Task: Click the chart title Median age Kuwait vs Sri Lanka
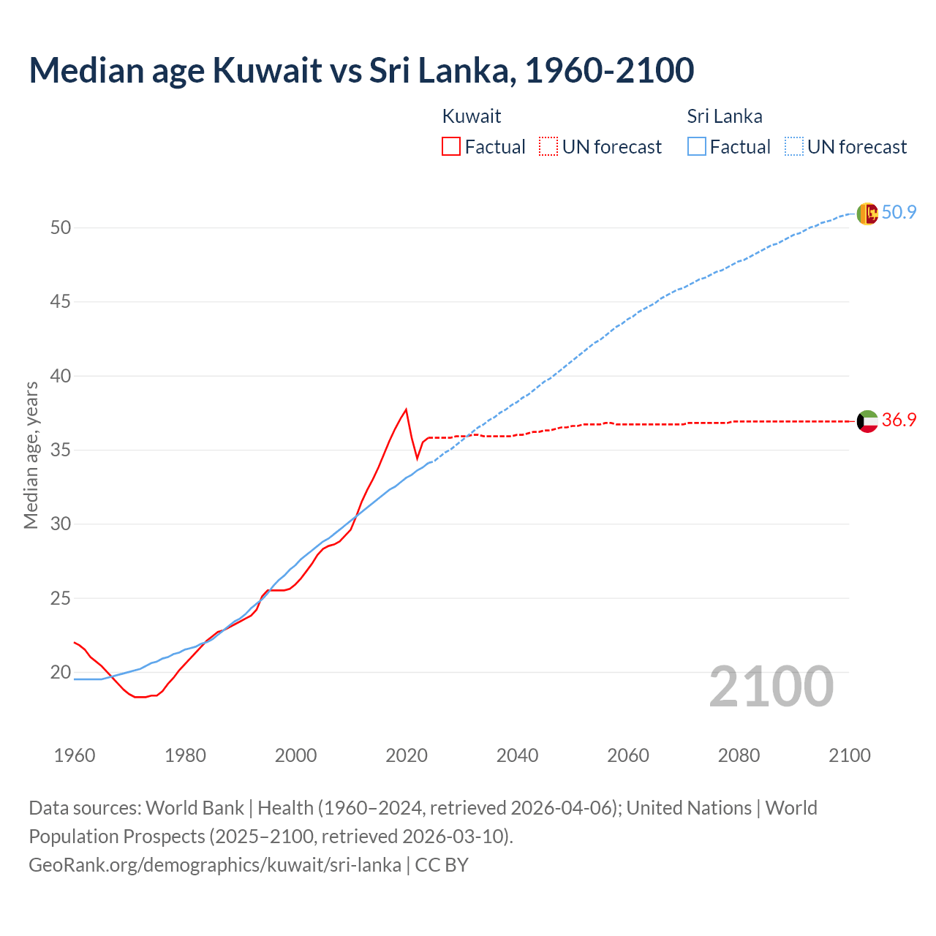pos(361,70)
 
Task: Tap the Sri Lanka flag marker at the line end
pos(867,213)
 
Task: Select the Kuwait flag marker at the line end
pos(867,420)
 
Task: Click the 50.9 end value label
pos(899,213)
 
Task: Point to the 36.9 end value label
pos(899,420)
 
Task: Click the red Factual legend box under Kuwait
pos(451,147)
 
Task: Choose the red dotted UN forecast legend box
pos(548,147)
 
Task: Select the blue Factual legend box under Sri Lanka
pos(696,147)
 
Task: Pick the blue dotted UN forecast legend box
pos(793,147)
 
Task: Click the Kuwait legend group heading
pos(472,116)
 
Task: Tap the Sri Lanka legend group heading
pos(724,116)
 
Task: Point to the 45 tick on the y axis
pos(61,302)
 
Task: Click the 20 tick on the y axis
pos(61,672)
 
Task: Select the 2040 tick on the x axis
pos(517,755)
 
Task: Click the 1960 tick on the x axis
pos(75,755)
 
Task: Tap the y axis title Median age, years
pos(31,455)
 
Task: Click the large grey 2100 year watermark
pos(771,687)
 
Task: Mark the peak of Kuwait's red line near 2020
pos(406,409)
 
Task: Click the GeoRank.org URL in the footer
pos(214,865)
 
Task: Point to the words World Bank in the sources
pos(195,808)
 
